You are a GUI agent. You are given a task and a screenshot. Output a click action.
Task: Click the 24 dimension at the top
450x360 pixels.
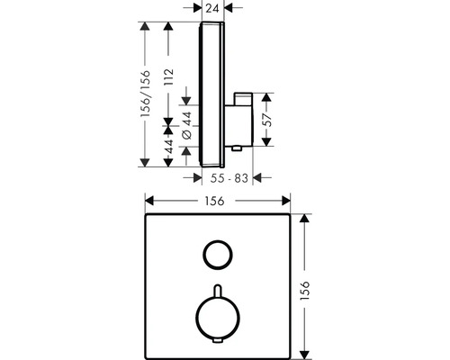tap(212, 8)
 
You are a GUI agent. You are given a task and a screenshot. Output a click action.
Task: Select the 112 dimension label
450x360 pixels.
tap(169, 76)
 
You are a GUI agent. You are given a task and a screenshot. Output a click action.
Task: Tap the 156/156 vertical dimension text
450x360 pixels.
tap(146, 94)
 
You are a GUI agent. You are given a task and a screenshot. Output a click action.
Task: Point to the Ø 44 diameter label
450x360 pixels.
tap(187, 125)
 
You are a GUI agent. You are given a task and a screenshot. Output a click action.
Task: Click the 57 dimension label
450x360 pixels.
tap(267, 120)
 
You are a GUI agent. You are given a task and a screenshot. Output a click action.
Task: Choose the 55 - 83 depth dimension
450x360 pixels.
tap(229, 178)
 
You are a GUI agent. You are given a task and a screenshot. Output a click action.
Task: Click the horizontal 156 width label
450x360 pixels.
tap(214, 201)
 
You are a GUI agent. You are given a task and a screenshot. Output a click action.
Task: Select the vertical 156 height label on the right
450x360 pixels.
tap(304, 291)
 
